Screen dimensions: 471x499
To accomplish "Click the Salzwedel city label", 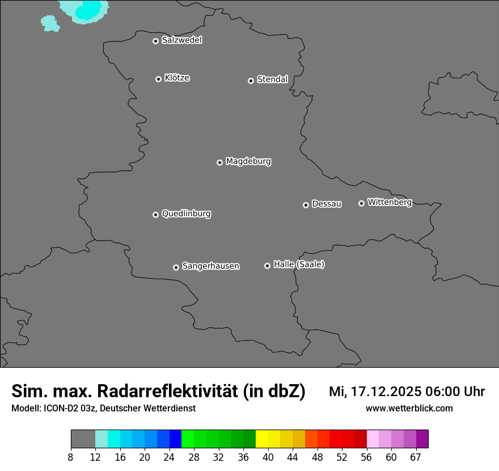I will (x=181, y=40).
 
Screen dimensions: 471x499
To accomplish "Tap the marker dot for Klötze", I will (x=159, y=79).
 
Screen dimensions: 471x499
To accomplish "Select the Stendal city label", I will (x=272, y=79).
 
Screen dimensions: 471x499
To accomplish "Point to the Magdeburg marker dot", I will (x=219, y=162).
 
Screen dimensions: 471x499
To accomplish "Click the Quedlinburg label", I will (x=186, y=214).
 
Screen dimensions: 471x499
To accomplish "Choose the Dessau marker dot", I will (x=306, y=205).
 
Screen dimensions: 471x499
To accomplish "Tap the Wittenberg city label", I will (x=389, y=202).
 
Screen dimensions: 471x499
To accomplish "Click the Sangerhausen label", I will (x=210, y=266).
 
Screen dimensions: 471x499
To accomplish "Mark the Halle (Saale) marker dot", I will (x=267, y=266).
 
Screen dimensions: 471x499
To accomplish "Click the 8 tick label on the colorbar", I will (x=71, y=457).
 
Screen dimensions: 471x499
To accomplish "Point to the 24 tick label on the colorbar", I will (x=170, y=457).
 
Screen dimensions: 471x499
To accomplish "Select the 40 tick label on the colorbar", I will (x=268, y=457).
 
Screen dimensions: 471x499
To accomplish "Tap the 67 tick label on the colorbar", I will (x=416, y=457).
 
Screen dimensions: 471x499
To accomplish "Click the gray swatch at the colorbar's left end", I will (x=83, y=439).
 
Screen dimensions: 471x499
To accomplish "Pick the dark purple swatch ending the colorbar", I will (x=422, y=439).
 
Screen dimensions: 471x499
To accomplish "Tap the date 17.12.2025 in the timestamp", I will (x=384, y=392).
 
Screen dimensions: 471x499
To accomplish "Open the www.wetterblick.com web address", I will (x=409, y=409).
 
